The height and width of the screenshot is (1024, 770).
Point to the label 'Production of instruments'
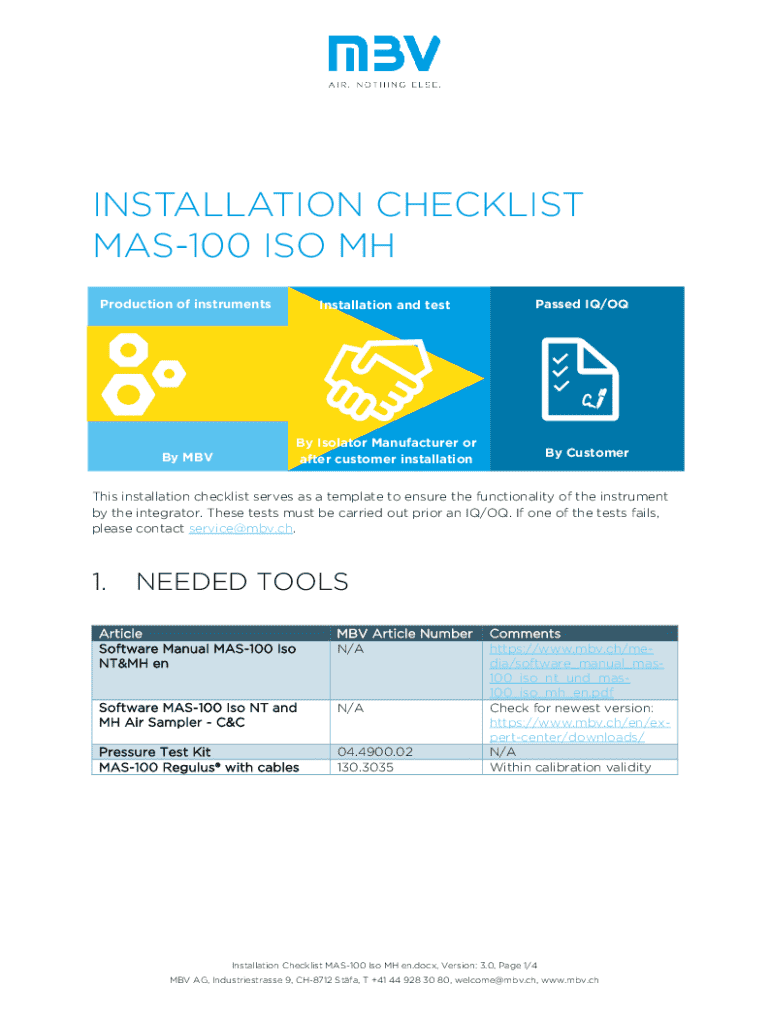[x=185, y=304]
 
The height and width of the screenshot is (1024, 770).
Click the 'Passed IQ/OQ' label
[x=582, y=303]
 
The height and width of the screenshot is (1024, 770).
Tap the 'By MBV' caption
[x=187, y=458]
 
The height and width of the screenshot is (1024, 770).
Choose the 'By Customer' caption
[x=587, y=453]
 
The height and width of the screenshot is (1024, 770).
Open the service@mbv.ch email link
[x=241, y=528]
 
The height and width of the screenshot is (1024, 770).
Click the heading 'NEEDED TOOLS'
[x=242, y=582]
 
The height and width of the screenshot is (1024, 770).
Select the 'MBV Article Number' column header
[x=404, y=633]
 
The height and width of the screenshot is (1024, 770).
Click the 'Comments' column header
[x=525, y=633]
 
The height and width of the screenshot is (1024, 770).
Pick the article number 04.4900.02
[x=375, y=751]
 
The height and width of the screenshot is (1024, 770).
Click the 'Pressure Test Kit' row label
[x=154, y=751]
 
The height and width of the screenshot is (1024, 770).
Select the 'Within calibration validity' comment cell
[x=570, y=767]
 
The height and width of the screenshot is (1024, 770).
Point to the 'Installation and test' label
[x=385, y=305]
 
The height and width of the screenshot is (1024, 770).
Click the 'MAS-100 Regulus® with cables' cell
[x=198, y=767]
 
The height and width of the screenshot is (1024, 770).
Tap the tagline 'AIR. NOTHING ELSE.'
[x=385, y=84]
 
